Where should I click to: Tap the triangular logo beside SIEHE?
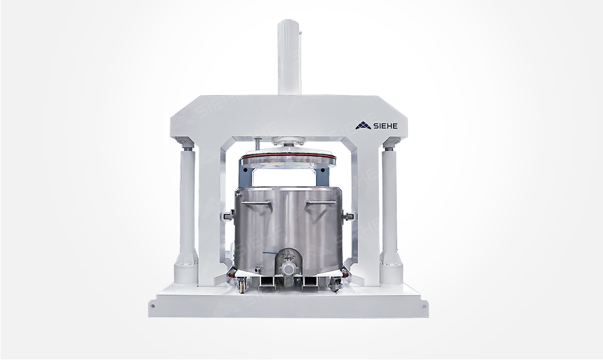pyautogui.click(x=363, y=125)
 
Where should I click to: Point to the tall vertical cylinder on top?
pyautogui.click(x=289, y=57)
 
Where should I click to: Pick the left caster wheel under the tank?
pyautogui.click(x=243, y=287)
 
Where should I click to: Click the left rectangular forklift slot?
pyautogui.click(x=267, y=283)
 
